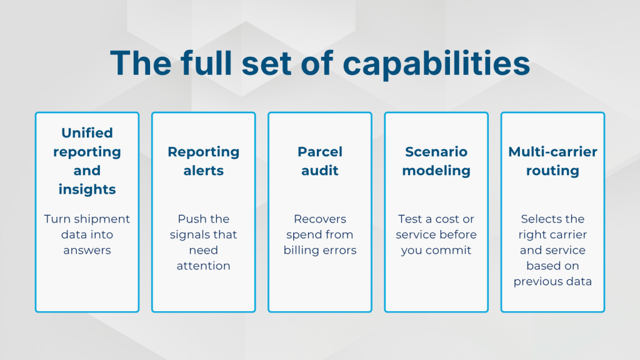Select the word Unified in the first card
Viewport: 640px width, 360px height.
(x=87, y=132)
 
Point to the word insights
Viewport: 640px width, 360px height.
(x=87, y=189)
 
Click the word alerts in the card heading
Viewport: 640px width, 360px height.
(x=203, y=171)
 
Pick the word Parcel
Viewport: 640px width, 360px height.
(x=320, y=152)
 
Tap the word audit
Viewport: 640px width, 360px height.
(x=320, y=171)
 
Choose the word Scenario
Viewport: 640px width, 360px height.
(x=436, y=152)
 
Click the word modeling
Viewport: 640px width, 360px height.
(x=436, y=171)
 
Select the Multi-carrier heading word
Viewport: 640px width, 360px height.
(x=552, y=152)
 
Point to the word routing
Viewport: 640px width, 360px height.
(x=552, y=171)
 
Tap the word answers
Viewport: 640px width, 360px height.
(x=87, y=250)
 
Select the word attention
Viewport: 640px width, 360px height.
(x=203, y=266)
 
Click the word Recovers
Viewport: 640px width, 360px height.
(x=320, y=219)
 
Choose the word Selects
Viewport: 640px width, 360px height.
(x=536, y=219)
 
